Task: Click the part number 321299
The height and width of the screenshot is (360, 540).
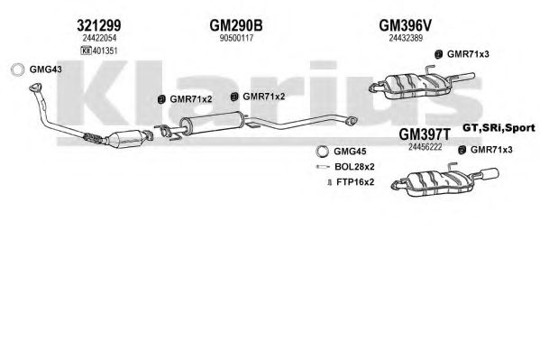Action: tap(99, 25)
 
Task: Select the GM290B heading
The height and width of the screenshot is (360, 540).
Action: tap(236, 25)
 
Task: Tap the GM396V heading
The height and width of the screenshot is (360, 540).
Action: tap(405, 25)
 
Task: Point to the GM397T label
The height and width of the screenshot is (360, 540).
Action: tap(425, 134)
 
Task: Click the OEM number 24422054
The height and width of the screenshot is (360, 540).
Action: tap(99, 38)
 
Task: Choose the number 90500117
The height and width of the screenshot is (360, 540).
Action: tap(236, 38)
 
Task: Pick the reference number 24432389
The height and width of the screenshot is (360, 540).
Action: tap(406, 38)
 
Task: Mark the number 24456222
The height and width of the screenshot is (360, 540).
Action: tap(425, 147)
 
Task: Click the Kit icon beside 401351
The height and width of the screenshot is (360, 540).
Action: tap(86, 51)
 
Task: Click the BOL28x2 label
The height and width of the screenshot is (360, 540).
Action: tap(354, 167)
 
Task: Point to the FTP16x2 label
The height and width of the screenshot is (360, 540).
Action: tap(355, 181)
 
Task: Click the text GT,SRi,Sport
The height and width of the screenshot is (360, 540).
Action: tap(499, 128)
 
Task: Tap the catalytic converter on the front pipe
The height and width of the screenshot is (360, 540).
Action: tap(125, 138)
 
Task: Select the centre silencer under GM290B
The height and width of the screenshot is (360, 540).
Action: tap(213, 123)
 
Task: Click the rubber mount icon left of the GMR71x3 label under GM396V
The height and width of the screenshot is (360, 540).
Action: tap(438, 54)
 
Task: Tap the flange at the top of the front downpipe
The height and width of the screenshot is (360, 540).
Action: tap(35, 87)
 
